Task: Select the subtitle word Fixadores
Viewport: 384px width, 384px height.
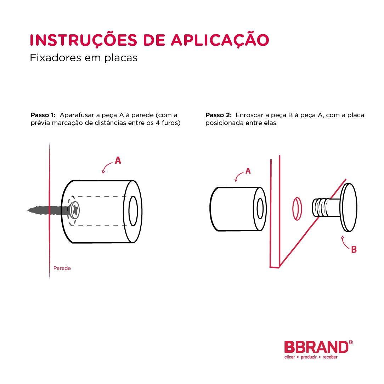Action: pyautogui.click(x=55, y=58)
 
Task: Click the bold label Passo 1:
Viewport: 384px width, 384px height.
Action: pyautogui.click(x=43, y=115)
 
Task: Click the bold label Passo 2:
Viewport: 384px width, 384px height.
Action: pyautogui.click(x=219, y=115)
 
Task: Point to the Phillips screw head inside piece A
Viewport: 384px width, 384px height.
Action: pyautogui.click(x=74, y=210)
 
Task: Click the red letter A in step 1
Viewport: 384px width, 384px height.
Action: pyautogui.click(x=118, y=160)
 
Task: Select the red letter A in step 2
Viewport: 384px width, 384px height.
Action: pyautogui.click(x=248, y=171)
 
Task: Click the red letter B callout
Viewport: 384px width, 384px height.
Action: pyautogui.click(x=354, y=249)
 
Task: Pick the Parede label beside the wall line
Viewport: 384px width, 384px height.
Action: pyautogui.click(x=62, y=268)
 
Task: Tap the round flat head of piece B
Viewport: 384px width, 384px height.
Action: pyautogui.click(x=349, y=208)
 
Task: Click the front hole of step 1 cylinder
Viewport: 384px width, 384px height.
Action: pyautogui.click(x=133, y=211)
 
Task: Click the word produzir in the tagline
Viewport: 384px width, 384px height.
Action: pyautogui.click(x=309, y=357)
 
